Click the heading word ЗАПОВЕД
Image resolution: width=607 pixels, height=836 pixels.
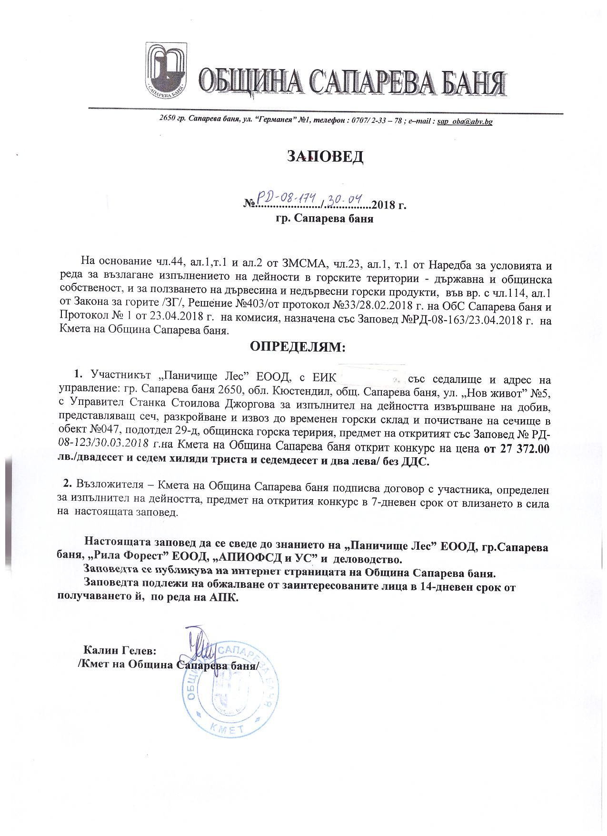tap(325, 156)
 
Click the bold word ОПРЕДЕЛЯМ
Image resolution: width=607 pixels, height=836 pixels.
tap(298, 346)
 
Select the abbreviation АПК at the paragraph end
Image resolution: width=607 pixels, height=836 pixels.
tap(223, 598)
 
